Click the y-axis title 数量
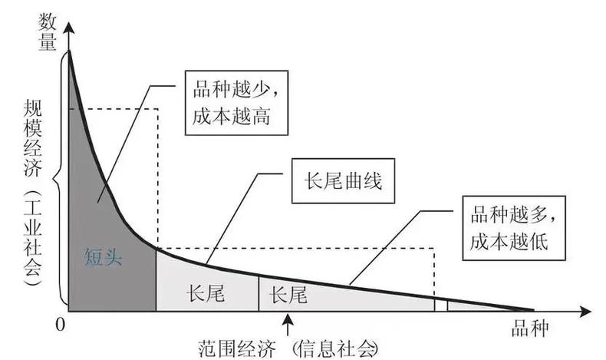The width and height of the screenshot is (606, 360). tap(47, 32)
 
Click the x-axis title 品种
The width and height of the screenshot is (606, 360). tap(529, 329)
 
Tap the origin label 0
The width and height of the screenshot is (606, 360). tap(60, 325)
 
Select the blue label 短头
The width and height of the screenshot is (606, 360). tap(104, 256)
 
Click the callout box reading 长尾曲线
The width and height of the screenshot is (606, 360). tap(343, 180)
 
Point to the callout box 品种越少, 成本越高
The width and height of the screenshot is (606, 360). tap(236, 103)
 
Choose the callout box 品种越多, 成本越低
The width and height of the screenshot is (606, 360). tap(514, 228)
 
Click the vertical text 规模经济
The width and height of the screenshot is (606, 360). tap(32, 138)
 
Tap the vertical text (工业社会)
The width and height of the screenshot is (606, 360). tap(32, 237)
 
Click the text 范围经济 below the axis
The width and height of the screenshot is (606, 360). tap(237, 349)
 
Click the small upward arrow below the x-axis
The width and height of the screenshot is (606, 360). tap(288, 325)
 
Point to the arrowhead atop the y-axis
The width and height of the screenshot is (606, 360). tap(69, 28)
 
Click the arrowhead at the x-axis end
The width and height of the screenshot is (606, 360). tap(585, 312)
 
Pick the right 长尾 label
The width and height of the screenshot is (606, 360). tap(288, 295)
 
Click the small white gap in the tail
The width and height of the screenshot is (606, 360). tap(441, 305)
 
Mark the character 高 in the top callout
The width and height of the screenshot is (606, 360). tap(261, 116)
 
